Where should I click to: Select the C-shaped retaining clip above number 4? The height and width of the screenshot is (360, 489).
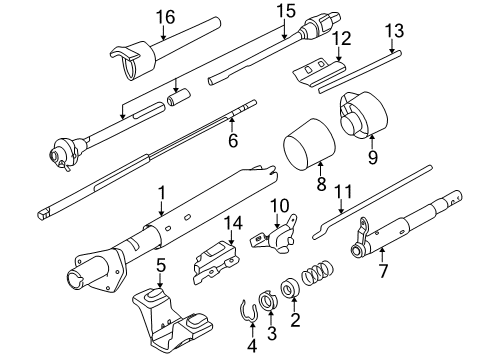click(245, 313)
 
